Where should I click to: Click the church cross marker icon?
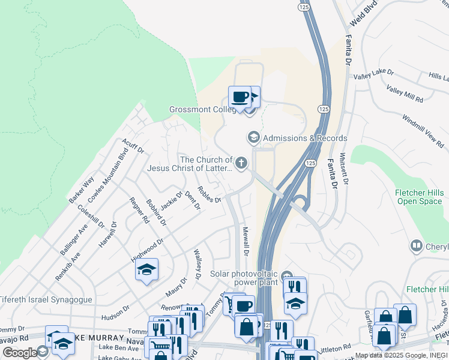[x=241, y=162]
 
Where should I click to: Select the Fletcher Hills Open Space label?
[x=419, y=197]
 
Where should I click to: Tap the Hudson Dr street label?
[x=116, y=310]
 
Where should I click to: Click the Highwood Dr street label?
[x=147, y=252]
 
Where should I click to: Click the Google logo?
[x=20, y=353]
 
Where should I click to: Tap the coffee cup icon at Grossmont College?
[x=240, y=97]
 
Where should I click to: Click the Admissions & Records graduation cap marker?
[x=253, y=138]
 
